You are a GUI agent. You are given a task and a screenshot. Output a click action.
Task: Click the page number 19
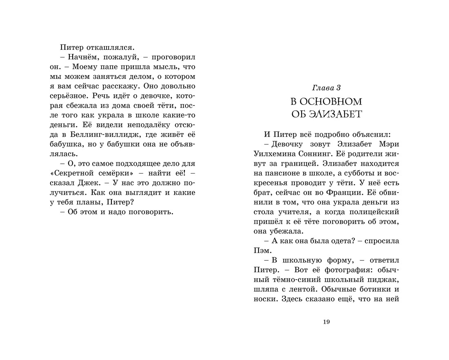(326, 322)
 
